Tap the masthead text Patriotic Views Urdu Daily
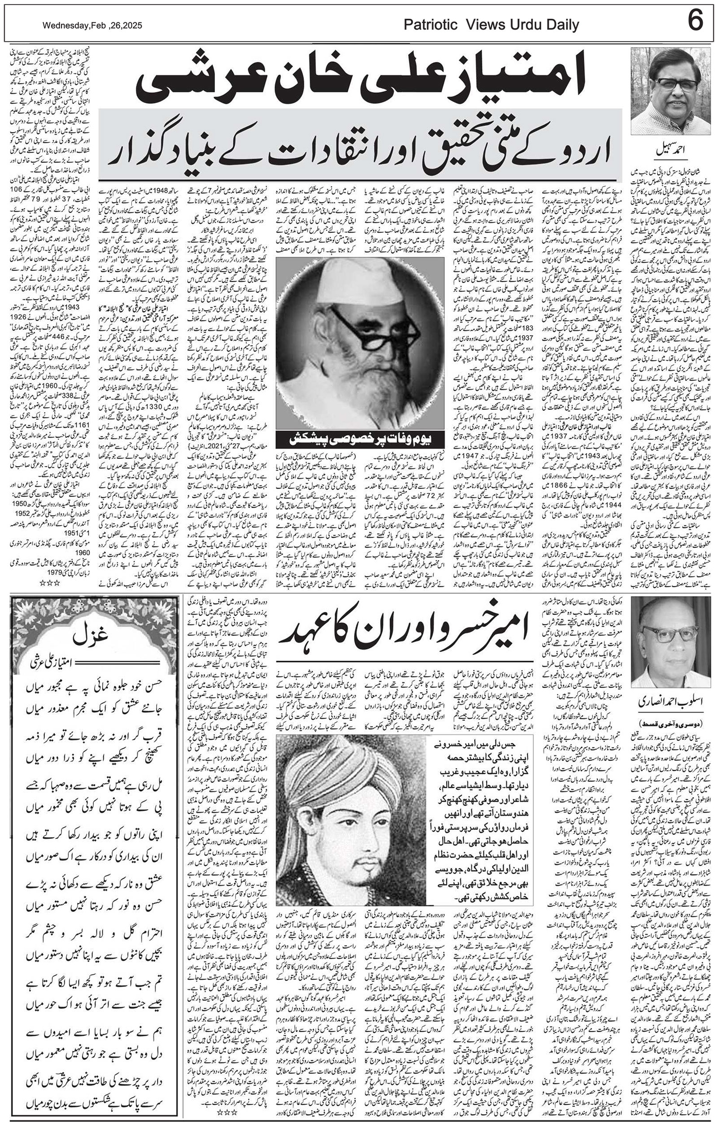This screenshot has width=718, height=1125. [491, 25]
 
